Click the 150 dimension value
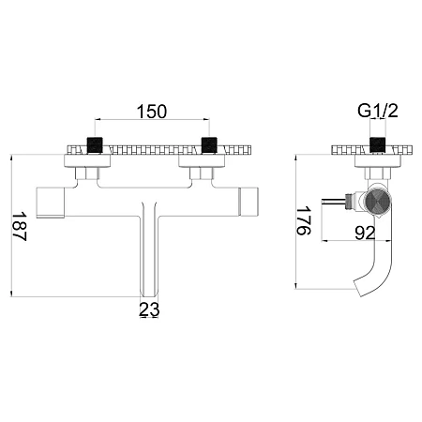point(152,112)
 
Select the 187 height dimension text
point(20,226)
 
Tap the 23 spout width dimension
point(149,309)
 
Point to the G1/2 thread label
point(378,111)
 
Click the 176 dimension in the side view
point(304,220)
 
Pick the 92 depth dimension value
point(365,233)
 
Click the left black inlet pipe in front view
point(95,145)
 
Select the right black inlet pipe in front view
point(209,145)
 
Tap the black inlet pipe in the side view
point(378,145)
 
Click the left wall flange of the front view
point(87,161)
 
